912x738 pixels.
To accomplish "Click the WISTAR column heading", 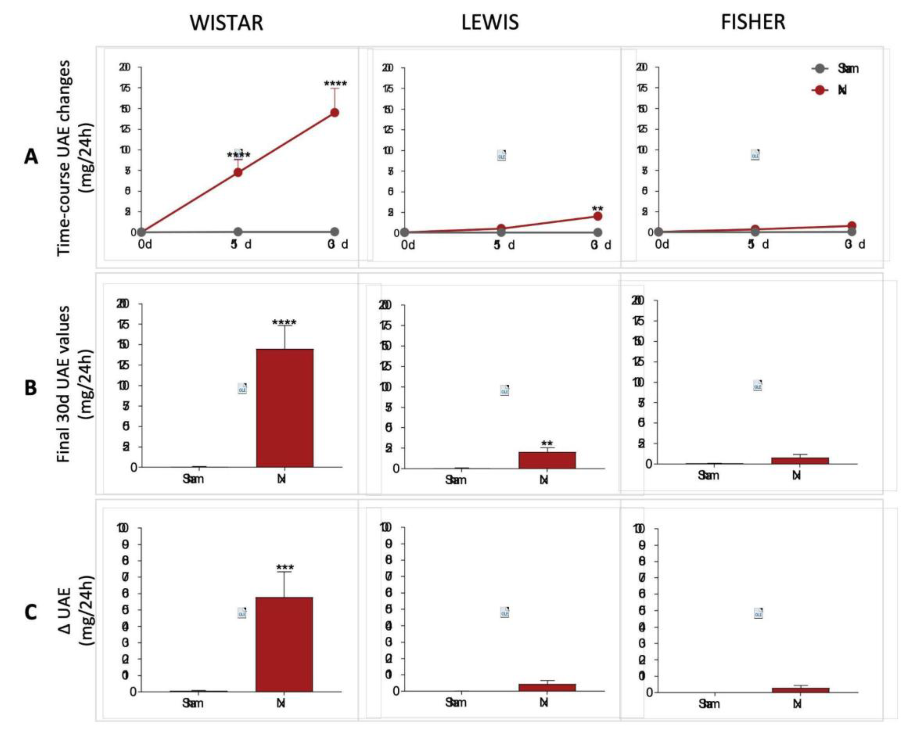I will (x=226, y=22).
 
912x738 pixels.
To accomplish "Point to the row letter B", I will (x=30, y=388).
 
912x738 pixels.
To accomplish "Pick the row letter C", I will (x=30, y=613).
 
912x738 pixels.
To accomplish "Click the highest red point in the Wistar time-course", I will (x=335, y=113).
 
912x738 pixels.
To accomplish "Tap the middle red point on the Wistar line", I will (x=238, y=172).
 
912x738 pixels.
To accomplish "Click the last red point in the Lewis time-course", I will (x=597, y=216).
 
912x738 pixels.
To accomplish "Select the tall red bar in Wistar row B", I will (x=285, y=408).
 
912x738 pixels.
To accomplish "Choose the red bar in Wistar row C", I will (x=284, y=644).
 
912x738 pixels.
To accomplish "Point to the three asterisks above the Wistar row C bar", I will (x=285, y=568).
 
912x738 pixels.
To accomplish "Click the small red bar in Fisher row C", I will (x=800, y=690).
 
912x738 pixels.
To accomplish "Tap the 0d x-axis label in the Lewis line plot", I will (x=408, y=245).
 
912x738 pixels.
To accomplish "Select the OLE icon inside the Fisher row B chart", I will (x=757, y=385).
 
